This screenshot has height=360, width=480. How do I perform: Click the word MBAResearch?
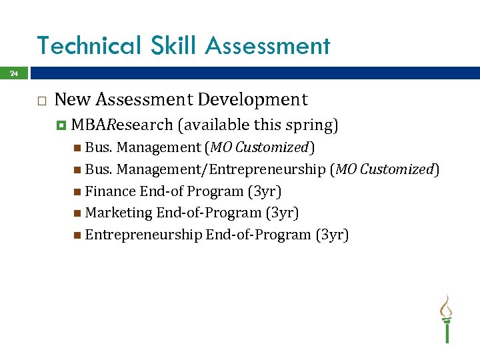[122, 125]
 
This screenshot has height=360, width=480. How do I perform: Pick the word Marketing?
[119, 213]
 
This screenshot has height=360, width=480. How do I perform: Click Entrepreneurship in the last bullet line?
[143, 235]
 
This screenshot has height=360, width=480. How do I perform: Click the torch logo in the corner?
[446, 318]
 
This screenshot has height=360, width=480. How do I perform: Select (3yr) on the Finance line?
[264, 192]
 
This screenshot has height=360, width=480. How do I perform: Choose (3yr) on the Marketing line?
[281, 213]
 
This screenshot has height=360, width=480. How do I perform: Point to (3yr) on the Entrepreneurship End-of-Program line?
[332, 235]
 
